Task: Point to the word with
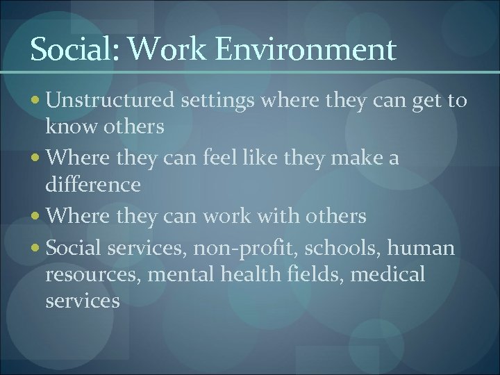(x=275, y=217)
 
